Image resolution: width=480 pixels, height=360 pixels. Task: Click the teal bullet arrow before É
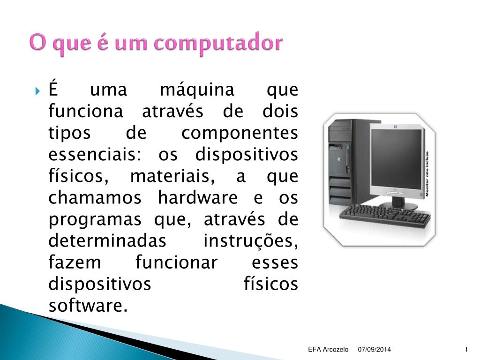click(x=37, y=91)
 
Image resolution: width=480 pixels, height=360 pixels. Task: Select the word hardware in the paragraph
click(x=198, y=197)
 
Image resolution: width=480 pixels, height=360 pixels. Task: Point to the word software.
click(x=88, y=305)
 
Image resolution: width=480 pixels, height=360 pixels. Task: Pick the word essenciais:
click(x=95, y=154)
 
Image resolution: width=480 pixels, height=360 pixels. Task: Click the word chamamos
click(x=95, y=197)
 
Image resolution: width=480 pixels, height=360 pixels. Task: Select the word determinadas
click(x=107, y=240)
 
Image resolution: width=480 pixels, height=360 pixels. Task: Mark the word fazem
click(x=75, y=262)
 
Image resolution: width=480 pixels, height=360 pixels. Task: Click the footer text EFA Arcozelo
click(x=328, y=349)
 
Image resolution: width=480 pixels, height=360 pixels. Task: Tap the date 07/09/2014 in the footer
click(x=375, y=349)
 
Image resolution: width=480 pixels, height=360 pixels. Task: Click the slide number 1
click(x=466, y=349)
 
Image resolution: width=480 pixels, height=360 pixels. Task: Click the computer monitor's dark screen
click(x=397, y=159)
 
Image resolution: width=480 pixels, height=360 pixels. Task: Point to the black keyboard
click(x=385, y=216)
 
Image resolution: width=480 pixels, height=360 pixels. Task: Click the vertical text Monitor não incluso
click(x=427, y=173)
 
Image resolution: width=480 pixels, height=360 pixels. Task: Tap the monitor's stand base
click(x=398, y=205)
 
